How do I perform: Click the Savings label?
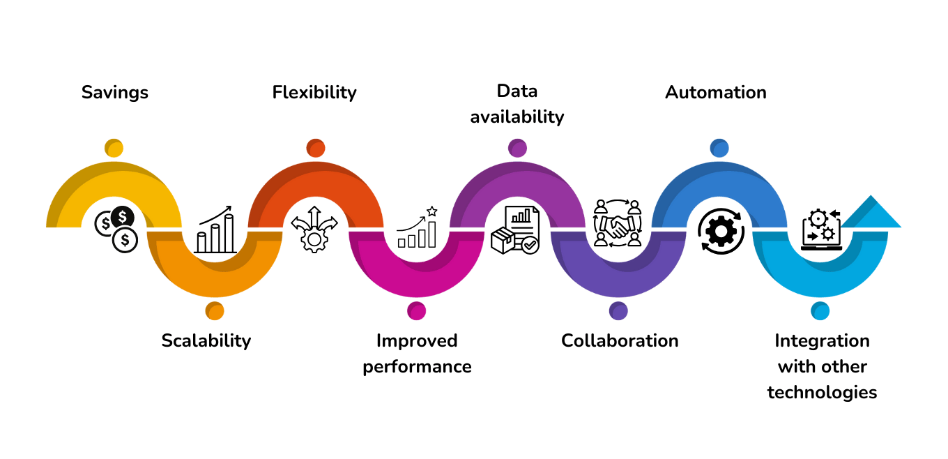click(115, 92)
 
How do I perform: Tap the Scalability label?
click(206, 340)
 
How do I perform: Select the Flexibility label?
click(314, 92)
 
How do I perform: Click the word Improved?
click(417, 340)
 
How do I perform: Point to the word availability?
click(517, 116)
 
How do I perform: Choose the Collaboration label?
click(620, 340)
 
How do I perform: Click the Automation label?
click(716, 92)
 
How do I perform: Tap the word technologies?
click(822, 392)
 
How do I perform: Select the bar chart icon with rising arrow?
click(215, 229)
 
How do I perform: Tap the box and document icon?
click(515, 229)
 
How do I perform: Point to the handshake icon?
click(617, 223)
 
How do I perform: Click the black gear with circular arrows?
click(720, 230)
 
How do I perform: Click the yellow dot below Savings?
click(114, 148)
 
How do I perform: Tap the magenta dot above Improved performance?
click(417, 310)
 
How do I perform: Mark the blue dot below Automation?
click(719, 148)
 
